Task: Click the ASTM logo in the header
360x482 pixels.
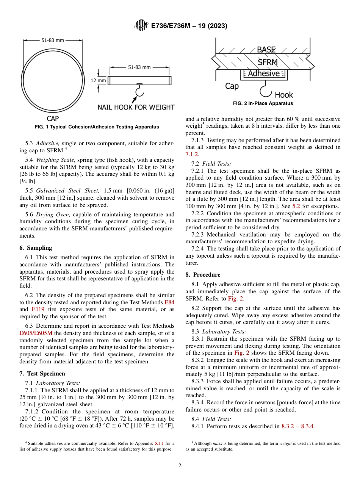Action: (x=141, y=26)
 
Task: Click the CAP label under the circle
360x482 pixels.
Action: (x=53, y=119)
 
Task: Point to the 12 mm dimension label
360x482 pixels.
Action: (x=99, y=80)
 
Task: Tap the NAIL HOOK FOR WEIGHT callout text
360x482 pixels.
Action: (x=136, y=107)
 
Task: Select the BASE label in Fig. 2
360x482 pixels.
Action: (x=266, y=50)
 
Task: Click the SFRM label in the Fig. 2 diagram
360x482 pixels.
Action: (x=268, y=62)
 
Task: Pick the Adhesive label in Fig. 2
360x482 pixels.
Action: (x=264, y=74)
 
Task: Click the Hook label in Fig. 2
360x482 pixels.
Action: (x=284, y=95)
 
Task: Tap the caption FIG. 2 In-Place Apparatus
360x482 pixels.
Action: (x=263, y=103)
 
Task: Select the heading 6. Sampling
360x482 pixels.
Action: (x=36, y=248)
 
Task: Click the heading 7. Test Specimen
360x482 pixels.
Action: (x=42, y=373)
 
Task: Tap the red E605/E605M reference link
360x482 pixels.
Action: (x=36, y=333)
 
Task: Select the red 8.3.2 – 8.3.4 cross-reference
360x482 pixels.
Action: (x=297, y=426)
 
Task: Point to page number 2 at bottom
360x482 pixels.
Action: (x=180, y=466)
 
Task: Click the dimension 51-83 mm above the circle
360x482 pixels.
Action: (x=53, y=40)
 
